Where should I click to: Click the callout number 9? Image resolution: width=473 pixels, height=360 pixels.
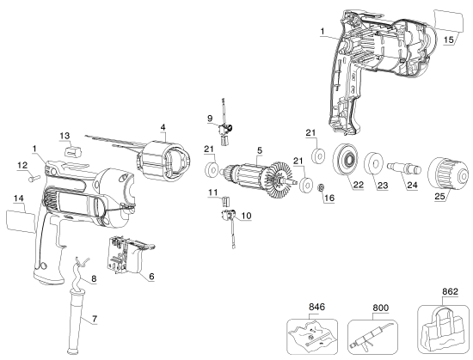[209, 117]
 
